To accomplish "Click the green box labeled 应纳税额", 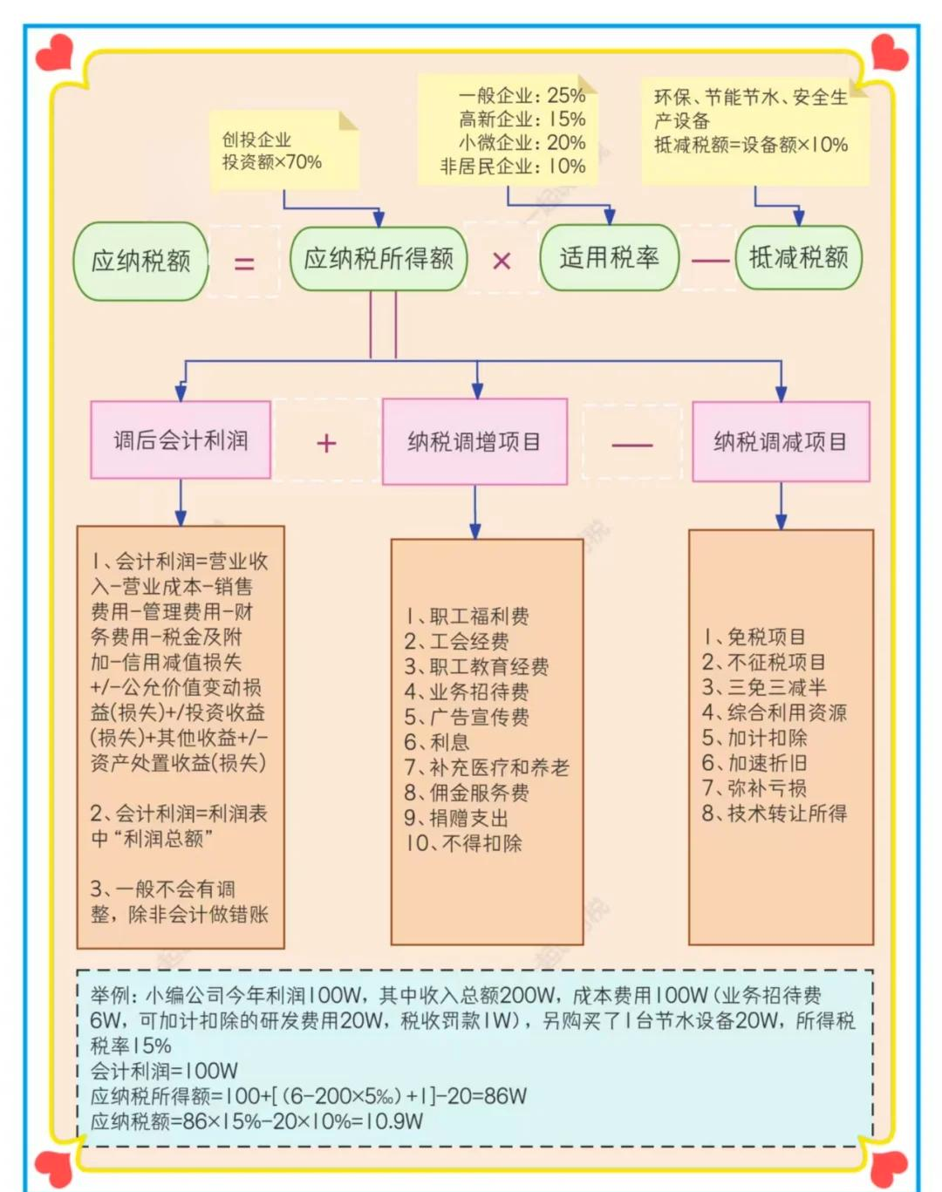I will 141,261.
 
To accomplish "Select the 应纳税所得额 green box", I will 379,259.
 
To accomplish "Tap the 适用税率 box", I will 609,258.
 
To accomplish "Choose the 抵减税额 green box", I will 798,257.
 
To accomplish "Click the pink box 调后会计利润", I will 181,440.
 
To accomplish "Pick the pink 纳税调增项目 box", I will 474,442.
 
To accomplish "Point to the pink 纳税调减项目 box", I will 781,442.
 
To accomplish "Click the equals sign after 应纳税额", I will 244,262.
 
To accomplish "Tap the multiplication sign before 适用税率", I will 502,261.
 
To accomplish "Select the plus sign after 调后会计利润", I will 326,444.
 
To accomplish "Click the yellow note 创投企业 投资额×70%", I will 283,151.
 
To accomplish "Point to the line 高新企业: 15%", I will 522,119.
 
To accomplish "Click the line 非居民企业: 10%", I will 513,167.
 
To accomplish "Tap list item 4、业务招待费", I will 466,692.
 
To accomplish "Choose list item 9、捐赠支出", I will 455,819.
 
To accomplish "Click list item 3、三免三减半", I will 764,688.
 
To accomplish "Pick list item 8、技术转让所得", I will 775,814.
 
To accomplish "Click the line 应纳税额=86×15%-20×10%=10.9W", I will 256,1121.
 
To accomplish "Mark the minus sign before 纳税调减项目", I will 632,444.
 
